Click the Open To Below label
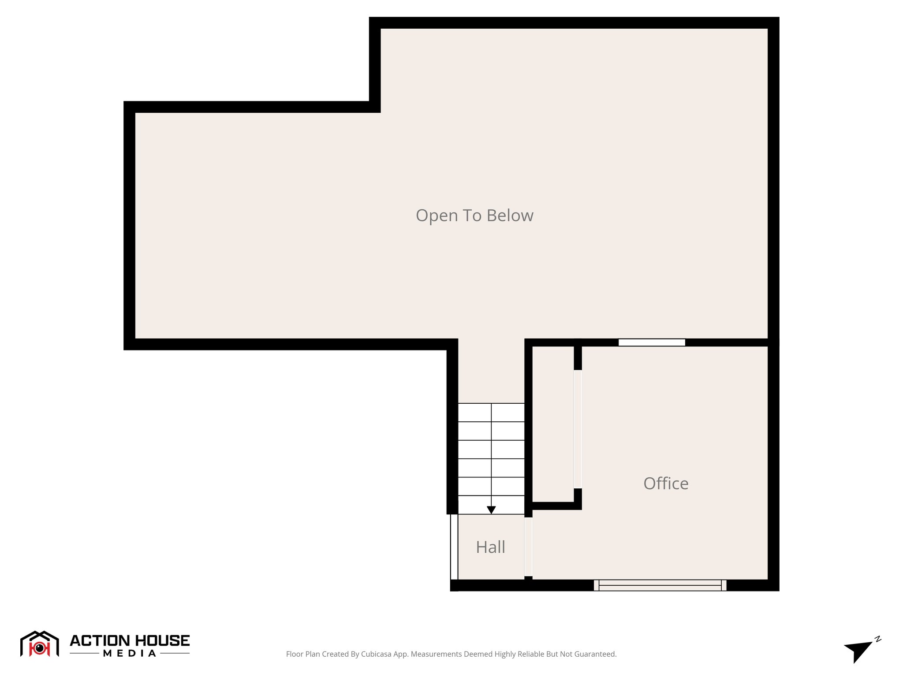point(474,216)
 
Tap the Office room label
point(665,484)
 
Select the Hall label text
point(490,547)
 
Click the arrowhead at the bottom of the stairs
point(491,510)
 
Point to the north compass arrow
point(858,651)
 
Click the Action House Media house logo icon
point(39,644)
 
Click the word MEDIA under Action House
point(130,654)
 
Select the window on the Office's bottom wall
point(660,585)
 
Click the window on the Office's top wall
point(651,342)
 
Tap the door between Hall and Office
point(528,547)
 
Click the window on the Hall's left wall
point(454,547)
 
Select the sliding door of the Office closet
point(578,429)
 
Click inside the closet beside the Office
point(553,423)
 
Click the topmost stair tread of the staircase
point(491,413)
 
